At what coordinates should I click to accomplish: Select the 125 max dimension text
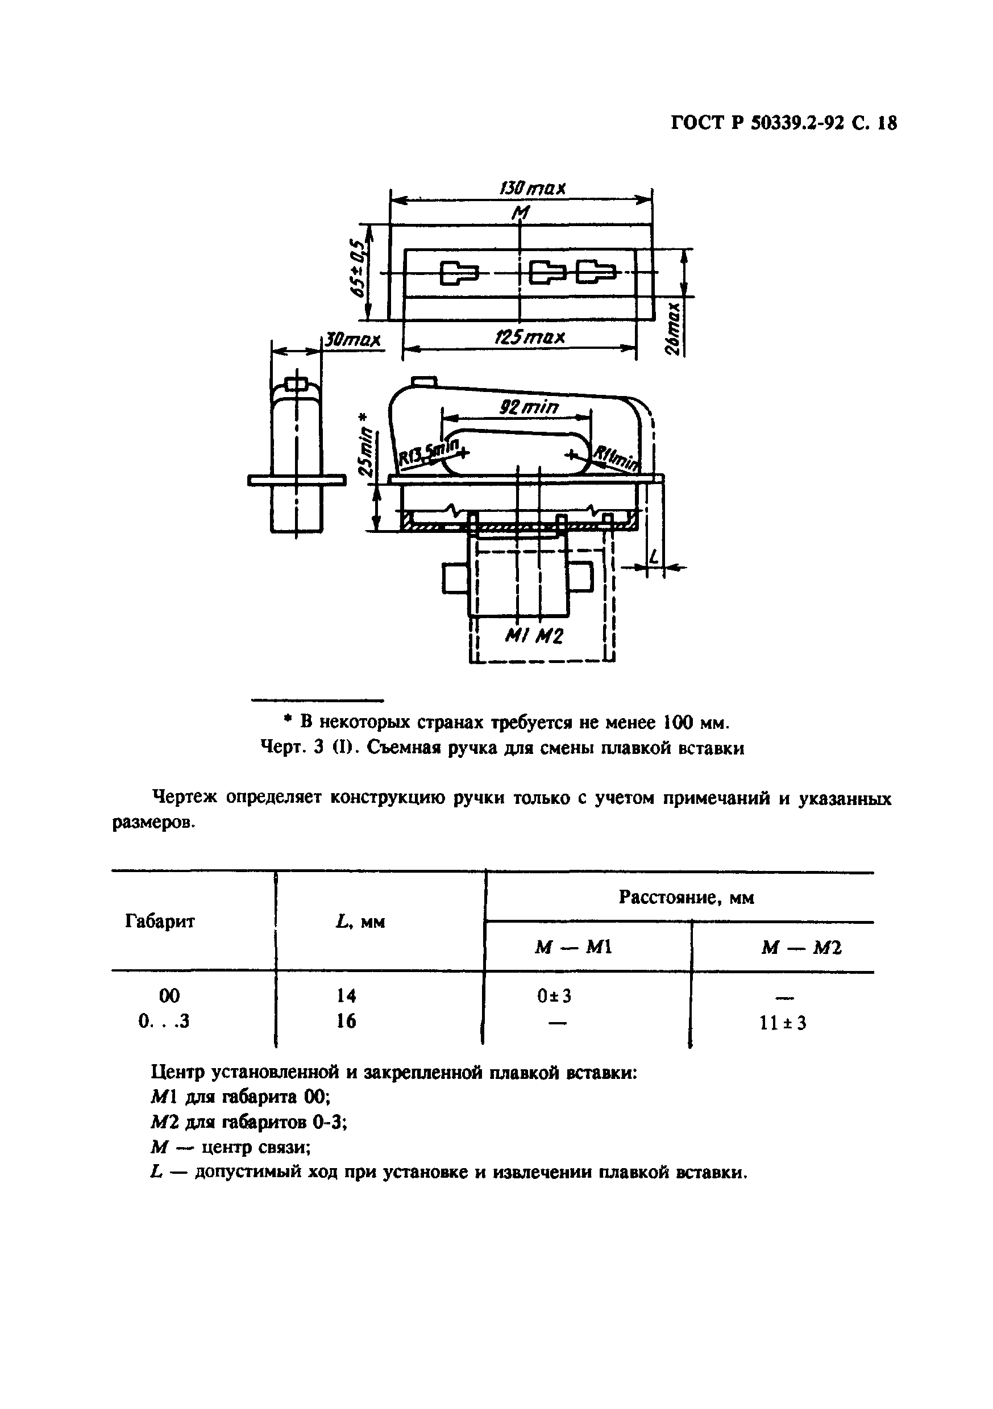coord(529,337)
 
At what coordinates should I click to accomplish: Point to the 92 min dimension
coord(529,407)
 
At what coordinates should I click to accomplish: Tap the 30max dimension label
coord(352,339)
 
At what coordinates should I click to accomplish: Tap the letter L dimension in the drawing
coord(654,557)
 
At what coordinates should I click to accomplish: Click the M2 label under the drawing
coord(549,637)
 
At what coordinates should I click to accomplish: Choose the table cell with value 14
coord(347,995)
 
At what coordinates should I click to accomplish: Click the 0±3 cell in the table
coord(554,996)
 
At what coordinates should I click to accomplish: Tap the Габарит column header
coord(160,921)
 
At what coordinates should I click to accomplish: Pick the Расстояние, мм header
coord(686,898)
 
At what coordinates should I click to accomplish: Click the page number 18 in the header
coord(887,124)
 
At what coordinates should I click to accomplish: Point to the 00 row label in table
coord(169,995)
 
